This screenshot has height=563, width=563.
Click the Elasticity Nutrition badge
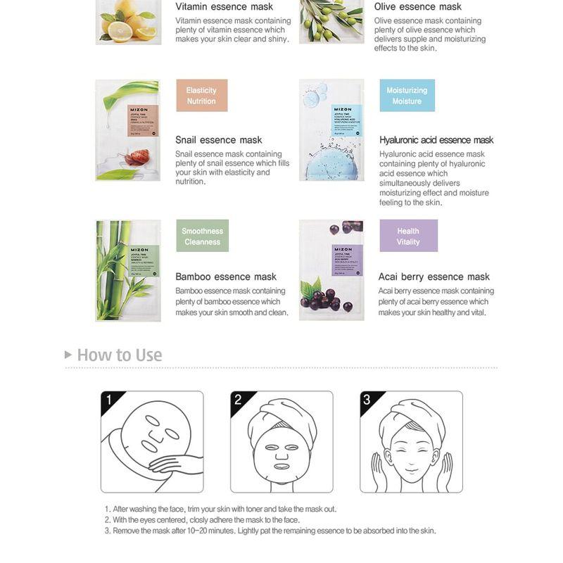point(201,96)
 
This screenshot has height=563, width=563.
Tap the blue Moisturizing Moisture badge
point(407,96)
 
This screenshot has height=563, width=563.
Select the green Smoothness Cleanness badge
point(202,236)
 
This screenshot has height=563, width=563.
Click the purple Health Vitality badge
point(408,236)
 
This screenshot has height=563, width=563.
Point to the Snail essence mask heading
point(218,140)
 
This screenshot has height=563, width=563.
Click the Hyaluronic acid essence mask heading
point(436,140)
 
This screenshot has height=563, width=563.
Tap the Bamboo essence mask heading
point(225,277)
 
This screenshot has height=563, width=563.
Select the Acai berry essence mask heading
point(434,277)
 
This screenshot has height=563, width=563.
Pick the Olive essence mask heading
point(417,7)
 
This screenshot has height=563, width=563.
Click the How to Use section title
point(119,355)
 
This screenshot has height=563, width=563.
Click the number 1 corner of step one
point(109,400)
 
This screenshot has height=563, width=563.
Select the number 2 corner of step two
point(238,400)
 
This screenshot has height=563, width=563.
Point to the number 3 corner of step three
point(367,400)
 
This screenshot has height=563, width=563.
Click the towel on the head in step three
point(412,412)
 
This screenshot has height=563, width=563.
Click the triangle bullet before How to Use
point(68,355)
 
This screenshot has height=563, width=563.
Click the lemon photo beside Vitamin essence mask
point(128,21)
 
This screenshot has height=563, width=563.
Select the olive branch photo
point(331,21)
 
